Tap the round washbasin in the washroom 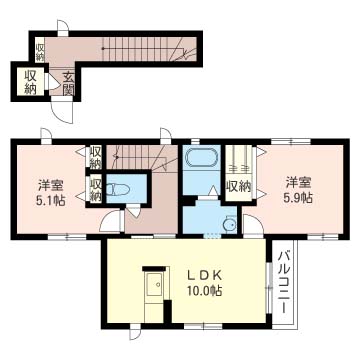tap(229, 224)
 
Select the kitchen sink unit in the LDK tap(154, 289)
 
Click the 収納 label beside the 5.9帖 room tap(238, 186)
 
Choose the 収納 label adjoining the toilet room tap(95, 190)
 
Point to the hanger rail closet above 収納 tap(238, 160)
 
